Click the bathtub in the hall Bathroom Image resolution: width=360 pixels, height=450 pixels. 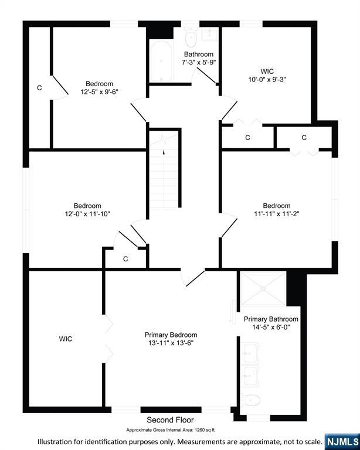[x=161, y=62]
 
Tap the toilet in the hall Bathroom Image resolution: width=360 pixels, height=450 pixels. [x=191, y=37]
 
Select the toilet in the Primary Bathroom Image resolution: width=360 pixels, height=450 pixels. [x=250, y=400]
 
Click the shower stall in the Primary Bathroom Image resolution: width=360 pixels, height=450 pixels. [x=263, y=288]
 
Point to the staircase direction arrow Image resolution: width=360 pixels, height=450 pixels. [x=164, y=152]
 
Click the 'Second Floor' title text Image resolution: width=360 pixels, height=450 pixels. [x=170, y=420]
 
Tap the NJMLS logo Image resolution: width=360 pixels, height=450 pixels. [x=342, y=442]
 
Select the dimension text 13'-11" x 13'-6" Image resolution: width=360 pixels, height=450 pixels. [x=171, y=343]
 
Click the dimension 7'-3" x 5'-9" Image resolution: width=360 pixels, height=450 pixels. [x=199, y=62]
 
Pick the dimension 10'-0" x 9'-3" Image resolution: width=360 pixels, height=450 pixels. [x=267, y=79]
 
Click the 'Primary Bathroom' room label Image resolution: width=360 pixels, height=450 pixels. [x=271, y=319]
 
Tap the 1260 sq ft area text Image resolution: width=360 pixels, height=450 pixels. [x=205, y=430]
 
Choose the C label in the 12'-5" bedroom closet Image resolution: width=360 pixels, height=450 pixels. [x=39, y=88]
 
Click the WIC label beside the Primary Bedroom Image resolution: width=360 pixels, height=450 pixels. [x=66, y=339]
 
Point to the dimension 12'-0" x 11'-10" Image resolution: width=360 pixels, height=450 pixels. [x=87, y=214]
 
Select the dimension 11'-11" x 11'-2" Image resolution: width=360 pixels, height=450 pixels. [x=277, y=213]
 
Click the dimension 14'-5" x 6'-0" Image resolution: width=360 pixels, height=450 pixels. [x=271, y=327]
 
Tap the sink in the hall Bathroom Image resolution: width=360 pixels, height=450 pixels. [x=209, y=34]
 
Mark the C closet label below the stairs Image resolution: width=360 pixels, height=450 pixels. [x=125, y=259]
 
